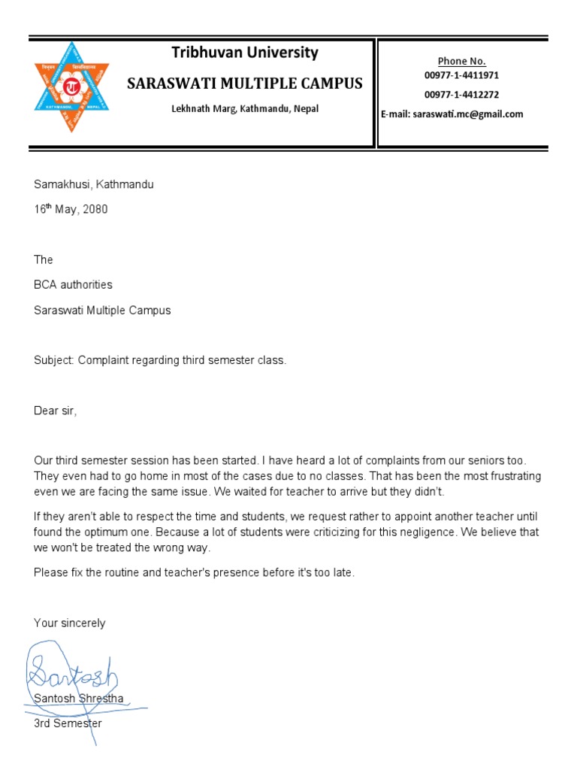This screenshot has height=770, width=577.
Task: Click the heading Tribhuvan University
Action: pos(245,53)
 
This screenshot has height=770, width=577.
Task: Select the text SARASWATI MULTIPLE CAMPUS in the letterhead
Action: pos(245,83)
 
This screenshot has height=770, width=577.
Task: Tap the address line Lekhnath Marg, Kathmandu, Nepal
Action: pos(245,109)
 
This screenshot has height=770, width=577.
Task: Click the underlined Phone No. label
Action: pos(462,61)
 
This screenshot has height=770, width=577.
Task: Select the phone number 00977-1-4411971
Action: pos(461,76)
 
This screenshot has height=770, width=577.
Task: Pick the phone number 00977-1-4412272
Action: pos(461,95)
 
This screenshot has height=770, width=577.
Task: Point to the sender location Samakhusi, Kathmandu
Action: pos(94,184)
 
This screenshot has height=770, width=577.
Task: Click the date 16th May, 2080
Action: pos(71,210)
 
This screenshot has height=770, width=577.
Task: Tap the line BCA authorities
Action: pos(73,285)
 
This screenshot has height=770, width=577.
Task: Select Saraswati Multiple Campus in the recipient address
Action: pos(102,311)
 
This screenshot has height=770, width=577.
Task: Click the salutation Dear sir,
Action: pos(56,411)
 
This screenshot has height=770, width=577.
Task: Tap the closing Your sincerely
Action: pos(70,623)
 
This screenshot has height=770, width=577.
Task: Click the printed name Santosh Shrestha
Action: pos(79,699)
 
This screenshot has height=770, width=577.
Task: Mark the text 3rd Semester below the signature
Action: pos(68,724)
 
